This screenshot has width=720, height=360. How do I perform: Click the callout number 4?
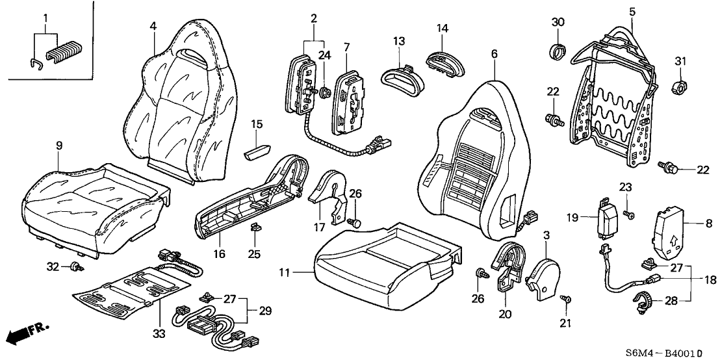click(153, 27)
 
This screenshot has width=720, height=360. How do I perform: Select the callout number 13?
click(398, 42)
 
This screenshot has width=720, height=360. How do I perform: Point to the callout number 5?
click(632, 11)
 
